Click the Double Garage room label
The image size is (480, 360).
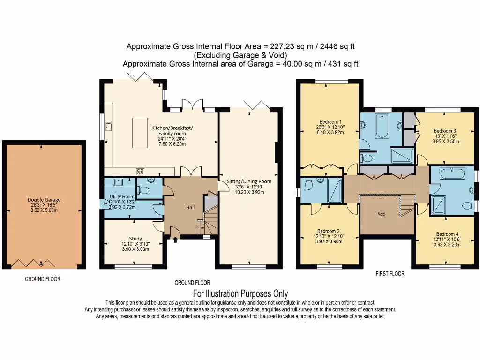tap(44, 200)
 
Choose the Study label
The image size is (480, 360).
tap(135, 239)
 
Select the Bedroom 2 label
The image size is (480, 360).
tap(328, 231)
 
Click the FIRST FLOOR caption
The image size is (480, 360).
tap(390, 274)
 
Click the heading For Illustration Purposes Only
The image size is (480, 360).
tap(240, 294)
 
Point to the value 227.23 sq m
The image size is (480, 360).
tap(287, 46)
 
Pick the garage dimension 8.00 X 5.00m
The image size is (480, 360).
tap(44, 211)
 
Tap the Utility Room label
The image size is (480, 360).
tap(122, 196)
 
